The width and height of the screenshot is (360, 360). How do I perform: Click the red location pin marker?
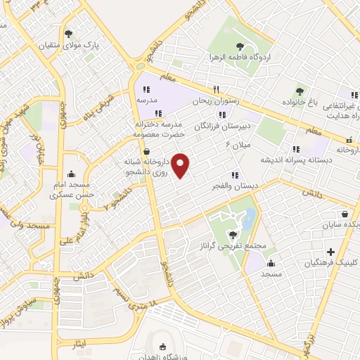tap(181, 165)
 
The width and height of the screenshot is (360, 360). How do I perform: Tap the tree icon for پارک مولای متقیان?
tap(68, 33)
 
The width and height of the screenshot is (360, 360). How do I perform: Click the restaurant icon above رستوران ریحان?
tap(217, 89)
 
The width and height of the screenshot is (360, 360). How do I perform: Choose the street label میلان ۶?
tap(237, 146)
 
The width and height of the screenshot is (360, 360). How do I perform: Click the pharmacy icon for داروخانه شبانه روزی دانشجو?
tap(146, 151)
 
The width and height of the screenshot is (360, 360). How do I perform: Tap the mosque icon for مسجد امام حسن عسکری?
tap(70, 174)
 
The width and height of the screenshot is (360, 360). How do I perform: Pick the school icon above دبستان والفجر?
tap(234, 175)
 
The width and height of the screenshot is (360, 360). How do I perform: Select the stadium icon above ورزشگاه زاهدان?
tap(164, 347)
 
